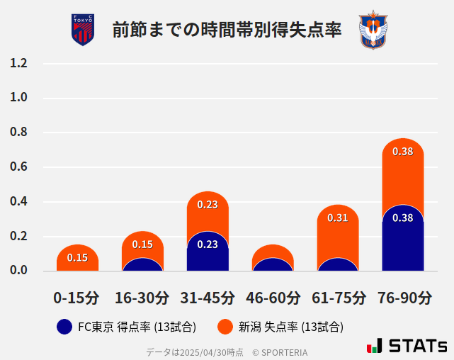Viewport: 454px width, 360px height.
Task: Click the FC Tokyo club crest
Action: pos(83,30)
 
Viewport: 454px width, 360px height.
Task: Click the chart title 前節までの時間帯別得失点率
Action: pos(227,30)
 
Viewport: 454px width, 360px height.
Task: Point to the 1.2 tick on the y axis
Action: pos(19,64)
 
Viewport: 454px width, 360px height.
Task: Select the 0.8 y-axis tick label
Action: pos(19,133)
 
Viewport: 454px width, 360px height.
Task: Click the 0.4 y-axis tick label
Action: pos(19,202)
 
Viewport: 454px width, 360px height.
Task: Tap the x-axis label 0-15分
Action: pos(77,298)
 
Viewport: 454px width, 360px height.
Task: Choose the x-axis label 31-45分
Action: pos(208,298)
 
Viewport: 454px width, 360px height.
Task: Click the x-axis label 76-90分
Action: pos(403,298)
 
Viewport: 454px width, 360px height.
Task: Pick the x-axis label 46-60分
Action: pos(273,298)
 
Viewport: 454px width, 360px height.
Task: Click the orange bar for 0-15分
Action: pos(77,258)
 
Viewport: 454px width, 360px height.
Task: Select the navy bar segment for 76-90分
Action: pos(403,241)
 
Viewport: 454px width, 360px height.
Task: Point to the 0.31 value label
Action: pos(338,218)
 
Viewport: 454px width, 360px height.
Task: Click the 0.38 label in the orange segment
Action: pos(403,152)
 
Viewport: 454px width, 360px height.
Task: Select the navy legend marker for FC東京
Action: pos(64,327)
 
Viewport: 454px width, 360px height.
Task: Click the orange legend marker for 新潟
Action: pos(225,327)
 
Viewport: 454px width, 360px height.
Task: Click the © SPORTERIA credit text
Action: pos(280,351)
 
